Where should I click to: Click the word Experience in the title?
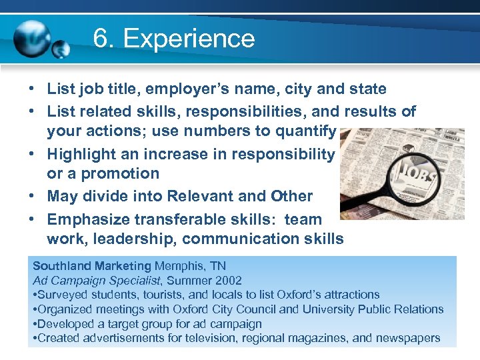189,39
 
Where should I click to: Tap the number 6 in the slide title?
101,39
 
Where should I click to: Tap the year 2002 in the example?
228,281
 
